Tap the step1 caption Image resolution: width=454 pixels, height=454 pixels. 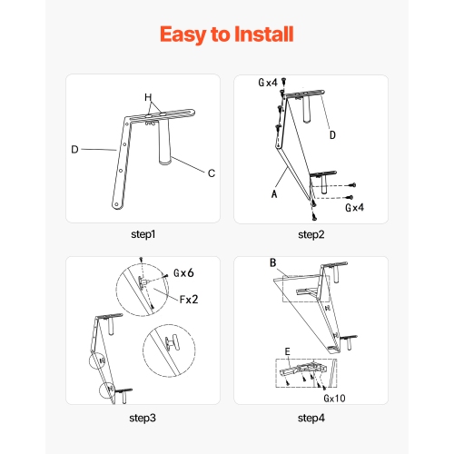coord(143,234)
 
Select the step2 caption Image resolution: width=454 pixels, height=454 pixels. coord(311,234)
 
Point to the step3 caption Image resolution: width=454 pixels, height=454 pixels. coord(143,418)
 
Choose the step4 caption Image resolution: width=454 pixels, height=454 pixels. coord(311,418)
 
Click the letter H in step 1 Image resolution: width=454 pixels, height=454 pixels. coord(148,97)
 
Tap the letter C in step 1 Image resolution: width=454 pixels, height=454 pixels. coord(212,173)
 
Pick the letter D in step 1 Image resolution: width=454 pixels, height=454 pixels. coord(74,149)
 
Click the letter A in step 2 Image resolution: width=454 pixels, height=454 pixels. coord(274,193)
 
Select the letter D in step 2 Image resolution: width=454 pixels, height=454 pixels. coord(332,135)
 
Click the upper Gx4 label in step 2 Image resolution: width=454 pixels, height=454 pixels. coord(268,83)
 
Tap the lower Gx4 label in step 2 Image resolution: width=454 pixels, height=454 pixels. coord(354,208)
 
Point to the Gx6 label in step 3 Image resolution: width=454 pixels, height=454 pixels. coord(183,273)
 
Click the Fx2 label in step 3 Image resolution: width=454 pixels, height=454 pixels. coord(189,300)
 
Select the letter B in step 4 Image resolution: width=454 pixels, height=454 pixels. coord(273,262)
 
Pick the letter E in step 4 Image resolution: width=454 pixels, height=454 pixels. coord(288,351)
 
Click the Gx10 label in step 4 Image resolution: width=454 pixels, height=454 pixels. coord(334,399)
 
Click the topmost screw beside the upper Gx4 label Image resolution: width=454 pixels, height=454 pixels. coord(283,81)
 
